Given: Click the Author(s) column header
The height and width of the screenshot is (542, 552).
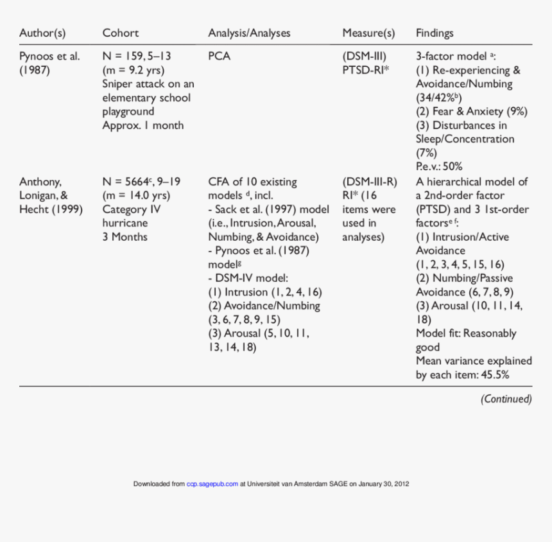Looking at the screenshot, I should pos(42,33).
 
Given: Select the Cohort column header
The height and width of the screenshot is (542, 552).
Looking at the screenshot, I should pos(120,33).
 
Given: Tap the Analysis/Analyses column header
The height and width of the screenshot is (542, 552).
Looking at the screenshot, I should pos(249,33).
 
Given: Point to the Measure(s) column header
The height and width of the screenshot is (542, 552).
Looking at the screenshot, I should pos(368,33).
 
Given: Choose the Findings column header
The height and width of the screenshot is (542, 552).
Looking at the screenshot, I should pos(435,33).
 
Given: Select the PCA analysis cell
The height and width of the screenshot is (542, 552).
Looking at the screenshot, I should pos(219,56).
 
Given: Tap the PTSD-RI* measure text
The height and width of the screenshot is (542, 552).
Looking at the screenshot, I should pos(366,70).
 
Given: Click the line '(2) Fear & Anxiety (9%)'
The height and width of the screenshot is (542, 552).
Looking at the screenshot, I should pos(471,111).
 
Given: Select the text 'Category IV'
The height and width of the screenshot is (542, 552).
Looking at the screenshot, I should pos(132,209).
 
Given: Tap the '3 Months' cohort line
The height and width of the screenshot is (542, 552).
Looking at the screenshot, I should pos(125,237).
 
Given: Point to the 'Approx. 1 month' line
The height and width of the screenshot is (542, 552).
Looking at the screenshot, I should pos(142,125).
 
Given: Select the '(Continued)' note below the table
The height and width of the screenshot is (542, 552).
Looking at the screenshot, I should pos(506,399).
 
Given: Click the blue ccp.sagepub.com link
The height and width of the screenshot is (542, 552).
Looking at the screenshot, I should pos(212,484).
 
